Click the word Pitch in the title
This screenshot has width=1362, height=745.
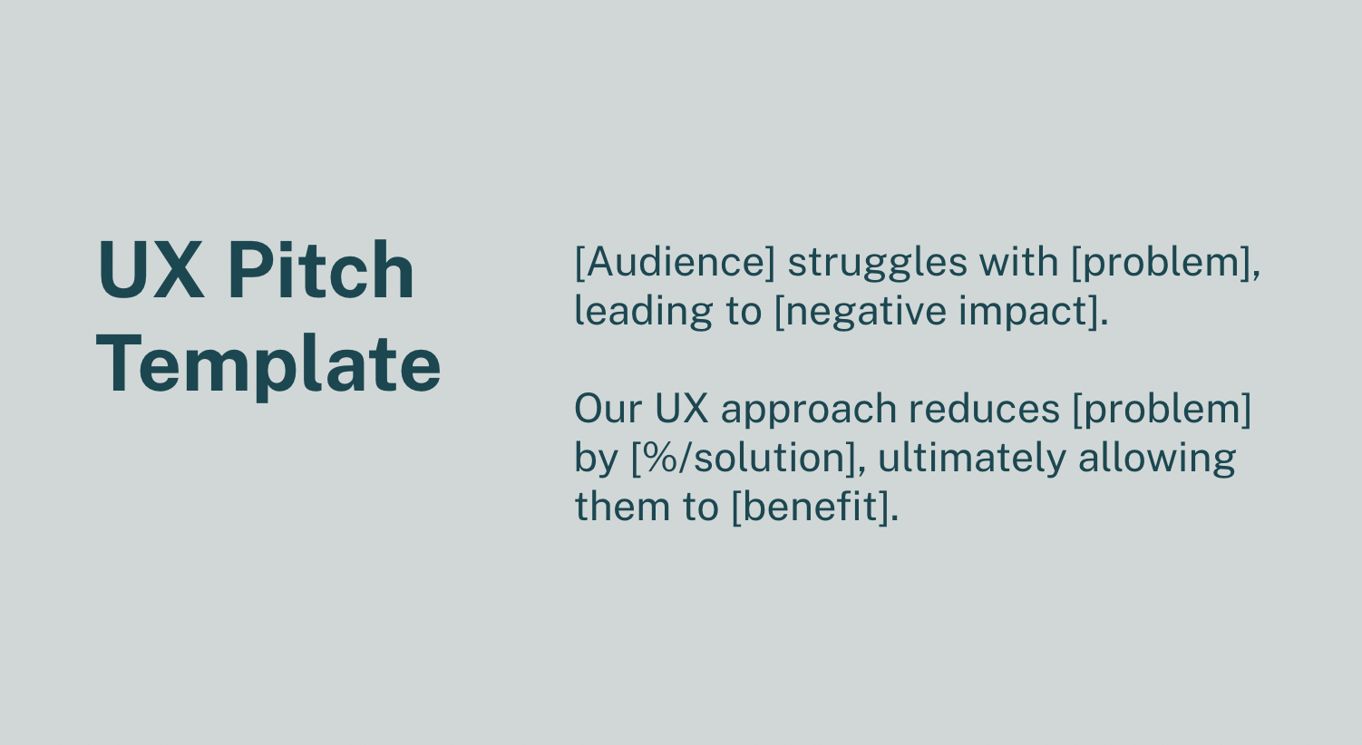[x=321, y=270]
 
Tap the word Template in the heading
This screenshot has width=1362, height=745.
[x=268, y=364]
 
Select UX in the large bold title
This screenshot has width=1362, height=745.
[x=151, y=270]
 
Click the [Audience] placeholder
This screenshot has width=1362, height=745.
[x=675, y=262]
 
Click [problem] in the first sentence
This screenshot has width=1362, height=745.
[x=1162, y=262]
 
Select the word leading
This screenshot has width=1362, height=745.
[x=644, y=311]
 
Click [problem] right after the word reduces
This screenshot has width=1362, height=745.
[x=1162, y=409]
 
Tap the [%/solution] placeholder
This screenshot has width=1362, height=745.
[x=743, y=458]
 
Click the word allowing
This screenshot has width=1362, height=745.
[x=1157, y=458]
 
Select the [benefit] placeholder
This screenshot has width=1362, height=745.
[x=810, y=507]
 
